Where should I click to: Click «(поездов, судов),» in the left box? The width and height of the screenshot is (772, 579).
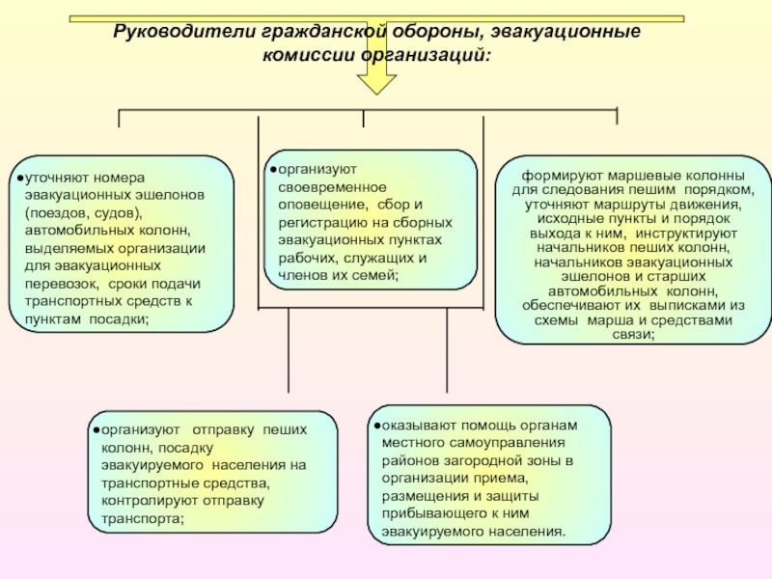click(x=84, y=212)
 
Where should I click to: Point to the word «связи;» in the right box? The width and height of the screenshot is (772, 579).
click(x=634, y=334)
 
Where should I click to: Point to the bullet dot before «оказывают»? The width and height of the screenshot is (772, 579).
click(x=374, y=425)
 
